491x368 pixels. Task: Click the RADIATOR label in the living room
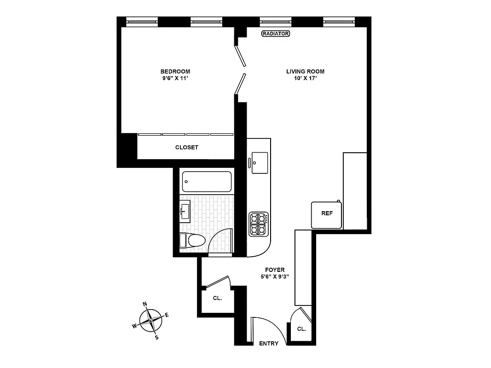coord(275,34)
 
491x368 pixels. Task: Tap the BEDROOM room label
coord(175,71)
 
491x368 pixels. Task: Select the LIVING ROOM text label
coord(305,71)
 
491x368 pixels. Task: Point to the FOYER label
coord(274,270)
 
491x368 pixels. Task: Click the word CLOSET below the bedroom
coord(186,147)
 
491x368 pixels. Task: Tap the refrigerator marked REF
coord(327,214)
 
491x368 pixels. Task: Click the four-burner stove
coord(258,224)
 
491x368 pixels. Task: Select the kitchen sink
coord(260,162)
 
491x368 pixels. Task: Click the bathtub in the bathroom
coord(207,182)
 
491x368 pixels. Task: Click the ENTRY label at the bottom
coord(269,344)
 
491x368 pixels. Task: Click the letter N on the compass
coord(145,304)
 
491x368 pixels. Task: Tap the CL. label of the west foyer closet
coord(218,298)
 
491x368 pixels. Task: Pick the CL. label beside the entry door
coord(301,329)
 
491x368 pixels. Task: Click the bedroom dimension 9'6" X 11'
coord(175,79)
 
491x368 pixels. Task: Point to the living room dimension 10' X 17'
coord(305,79)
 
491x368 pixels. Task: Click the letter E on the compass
coord(167,315)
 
